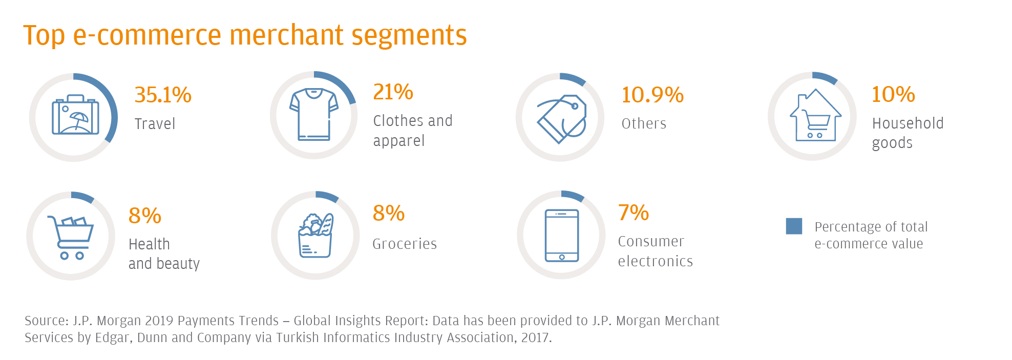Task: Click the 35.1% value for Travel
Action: point(163,95)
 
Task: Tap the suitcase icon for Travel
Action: point(75,115)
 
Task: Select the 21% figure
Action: point(393,92)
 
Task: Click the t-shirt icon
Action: point(313,114)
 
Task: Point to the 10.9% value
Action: point(652,95)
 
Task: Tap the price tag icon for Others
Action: point(562,118)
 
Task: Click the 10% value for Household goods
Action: point(893,94)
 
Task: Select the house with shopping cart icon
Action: point(815,116)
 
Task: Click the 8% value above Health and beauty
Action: point(145,216)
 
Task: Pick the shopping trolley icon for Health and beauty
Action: point(71,237)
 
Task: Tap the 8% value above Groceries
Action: point(389,213)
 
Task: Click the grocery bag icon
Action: point(315,236)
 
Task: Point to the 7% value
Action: point(634,213)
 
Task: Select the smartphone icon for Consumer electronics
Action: point(562,236)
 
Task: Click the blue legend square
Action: point(794,226)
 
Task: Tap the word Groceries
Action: point(405,244)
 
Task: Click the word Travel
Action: point(155,124)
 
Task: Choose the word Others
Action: point(644,123)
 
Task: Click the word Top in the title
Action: point(44,36)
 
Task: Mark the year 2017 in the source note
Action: point(535,337)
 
